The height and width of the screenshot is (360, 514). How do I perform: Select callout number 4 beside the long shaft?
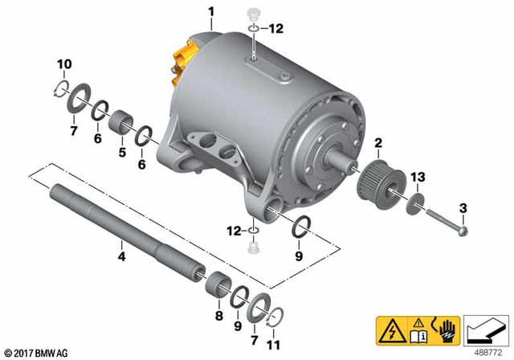click(x=120, y=257)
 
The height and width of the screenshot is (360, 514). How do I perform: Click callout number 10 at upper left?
click(x=64, y=63)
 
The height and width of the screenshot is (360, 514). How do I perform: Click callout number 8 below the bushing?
click(x=218, y=315)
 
